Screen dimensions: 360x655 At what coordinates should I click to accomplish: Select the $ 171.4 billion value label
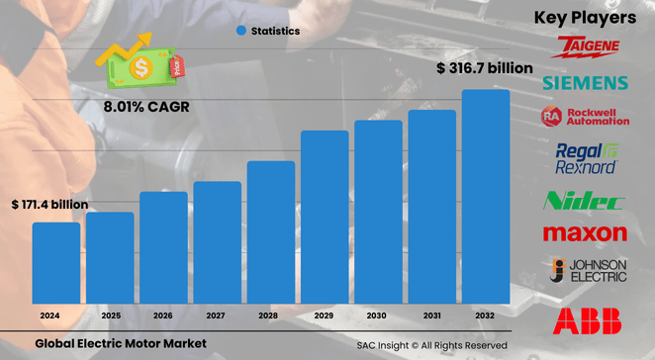[x=49, y=204]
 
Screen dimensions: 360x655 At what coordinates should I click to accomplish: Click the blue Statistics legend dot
[x=240, y=31]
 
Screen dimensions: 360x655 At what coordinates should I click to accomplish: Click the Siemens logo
[x=585, y=81]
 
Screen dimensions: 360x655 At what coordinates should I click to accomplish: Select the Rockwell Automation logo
[x=585, y=116]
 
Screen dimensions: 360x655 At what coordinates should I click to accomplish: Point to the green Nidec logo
[x=585, y=202]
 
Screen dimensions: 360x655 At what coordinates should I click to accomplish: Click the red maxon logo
[x=585, y=233]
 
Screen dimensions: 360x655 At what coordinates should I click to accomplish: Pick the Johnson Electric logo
[x=585, y=271]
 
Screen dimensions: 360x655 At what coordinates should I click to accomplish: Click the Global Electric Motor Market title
[x=121, y=343]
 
